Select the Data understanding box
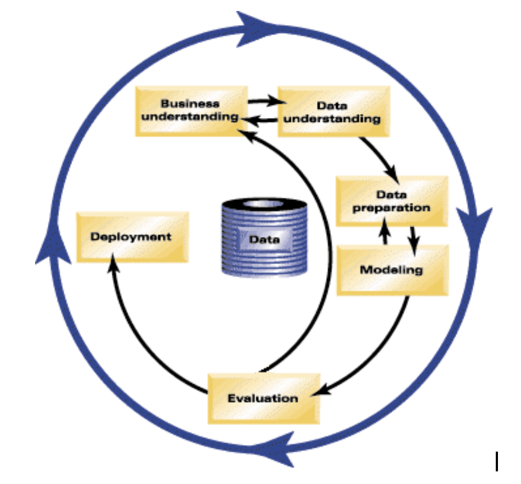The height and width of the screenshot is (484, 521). [334, 112]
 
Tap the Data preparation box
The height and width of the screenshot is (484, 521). [391, 201]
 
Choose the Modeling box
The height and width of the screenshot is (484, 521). [392, 270]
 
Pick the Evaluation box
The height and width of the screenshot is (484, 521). [263, 398]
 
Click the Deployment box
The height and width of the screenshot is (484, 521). [132, 237]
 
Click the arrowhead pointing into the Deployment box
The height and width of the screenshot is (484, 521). [114, 267]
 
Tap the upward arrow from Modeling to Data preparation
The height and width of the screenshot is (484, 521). [386, 229]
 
